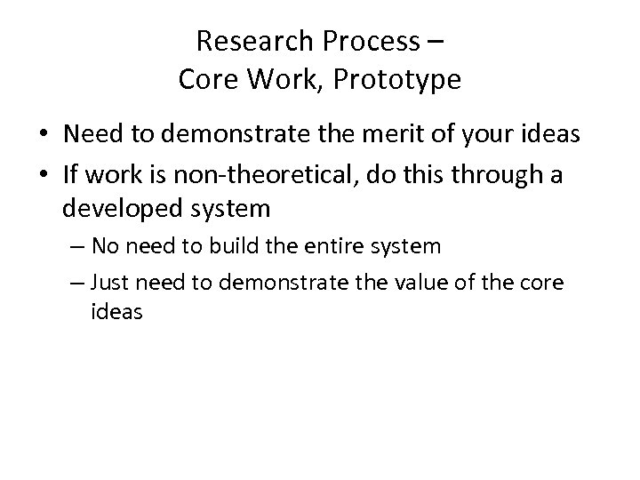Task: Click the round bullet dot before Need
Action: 44,136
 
